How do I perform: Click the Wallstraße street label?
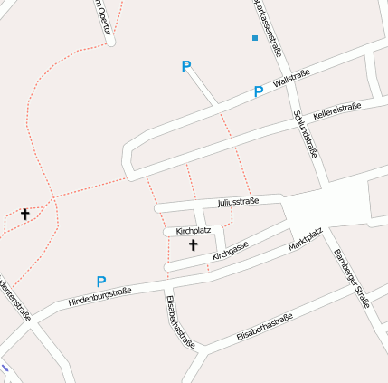tap(291, 80)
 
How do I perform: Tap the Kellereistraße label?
tap(336, 112)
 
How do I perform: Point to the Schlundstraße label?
tap(305, 134)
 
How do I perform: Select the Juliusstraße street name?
tap(239, 202)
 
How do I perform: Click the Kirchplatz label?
tap(194, 231)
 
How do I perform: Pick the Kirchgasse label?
tap(230, 252)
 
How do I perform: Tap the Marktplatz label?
tap(305, 240)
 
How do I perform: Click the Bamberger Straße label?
tap(352, 278)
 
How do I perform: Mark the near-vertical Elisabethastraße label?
tap(180, 321)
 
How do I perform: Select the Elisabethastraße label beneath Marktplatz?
tap(265, 327)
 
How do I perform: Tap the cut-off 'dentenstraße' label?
tap(16, 298)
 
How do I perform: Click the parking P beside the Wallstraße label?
tap(258, 91)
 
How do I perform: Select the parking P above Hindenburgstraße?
tap(101, 282)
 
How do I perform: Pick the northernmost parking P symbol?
tap(186, 66)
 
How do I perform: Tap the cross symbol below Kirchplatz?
tap(192, 245)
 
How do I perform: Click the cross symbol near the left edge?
tap(25, 215)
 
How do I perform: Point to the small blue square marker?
tap(255, 38)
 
